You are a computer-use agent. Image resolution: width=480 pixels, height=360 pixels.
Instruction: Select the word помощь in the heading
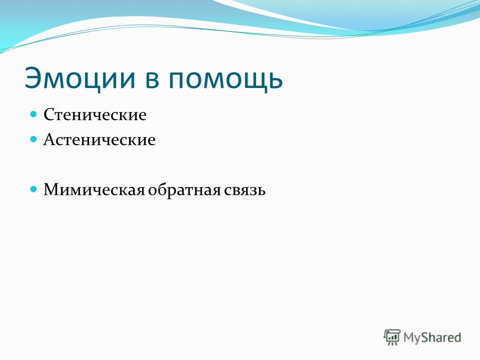(225, 80)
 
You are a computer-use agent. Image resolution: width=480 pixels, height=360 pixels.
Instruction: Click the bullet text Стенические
(95, 115)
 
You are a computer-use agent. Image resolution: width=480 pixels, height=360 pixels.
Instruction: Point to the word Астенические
(99, 139)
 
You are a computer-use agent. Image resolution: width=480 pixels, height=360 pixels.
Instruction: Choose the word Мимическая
(94, 190)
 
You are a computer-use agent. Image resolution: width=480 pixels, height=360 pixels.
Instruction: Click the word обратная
(184, 190)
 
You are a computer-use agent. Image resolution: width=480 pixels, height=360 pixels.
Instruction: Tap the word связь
(244, 190)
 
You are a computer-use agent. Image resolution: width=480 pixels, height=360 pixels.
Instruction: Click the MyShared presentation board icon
(392, 337)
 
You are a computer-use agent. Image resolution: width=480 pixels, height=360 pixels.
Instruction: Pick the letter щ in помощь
(252, 82)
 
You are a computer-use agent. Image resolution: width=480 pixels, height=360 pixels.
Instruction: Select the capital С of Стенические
(49, 115)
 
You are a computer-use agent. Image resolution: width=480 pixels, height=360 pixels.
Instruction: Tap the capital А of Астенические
(49, 139)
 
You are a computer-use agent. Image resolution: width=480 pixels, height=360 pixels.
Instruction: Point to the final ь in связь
(260, 191)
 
